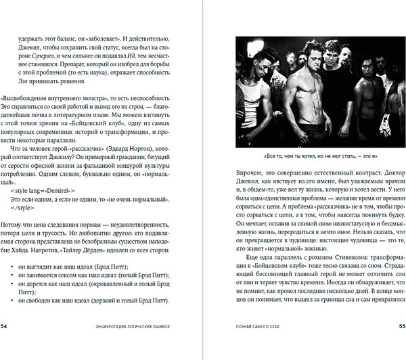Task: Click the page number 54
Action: (x=7, y=344)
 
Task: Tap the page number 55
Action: (x=398, y=344)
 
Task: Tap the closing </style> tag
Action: (x=24, y=208)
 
